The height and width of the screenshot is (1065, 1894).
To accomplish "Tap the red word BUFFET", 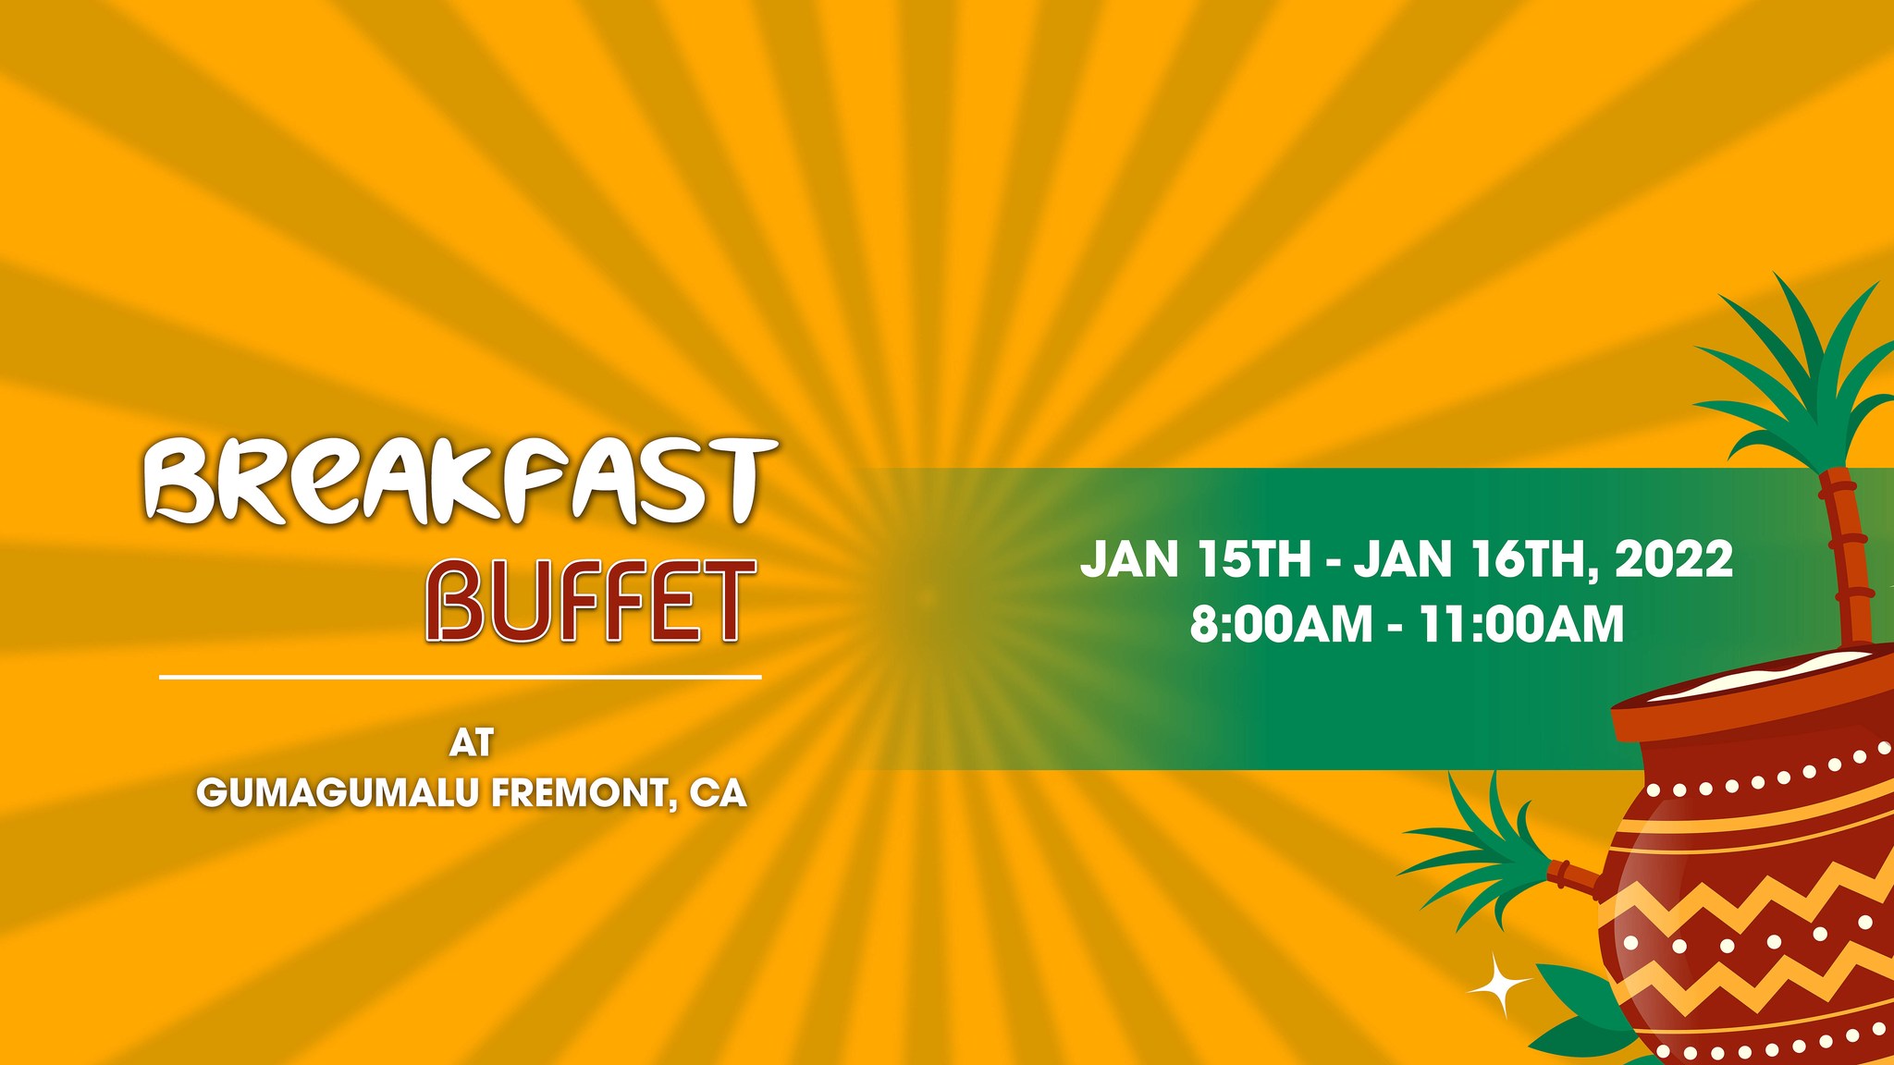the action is (x=590, y=601).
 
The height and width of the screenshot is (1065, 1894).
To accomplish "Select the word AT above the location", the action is (x=472, y=742).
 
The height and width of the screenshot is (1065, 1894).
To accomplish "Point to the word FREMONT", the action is (x=583, y=793).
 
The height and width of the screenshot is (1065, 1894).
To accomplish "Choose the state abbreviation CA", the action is (x=718, y=793).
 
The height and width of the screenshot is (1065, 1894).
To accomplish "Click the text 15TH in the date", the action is (x=1253, y=559).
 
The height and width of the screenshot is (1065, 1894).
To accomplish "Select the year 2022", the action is (x=1674, y=559).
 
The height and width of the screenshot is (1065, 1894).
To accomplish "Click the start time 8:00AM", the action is (x=1281, y=624).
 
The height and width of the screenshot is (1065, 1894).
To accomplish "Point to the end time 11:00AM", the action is (x=1520, y=624).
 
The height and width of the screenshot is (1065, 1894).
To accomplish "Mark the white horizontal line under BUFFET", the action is (x=461, y=677).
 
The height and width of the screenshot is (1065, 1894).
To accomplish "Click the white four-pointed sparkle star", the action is (x=1499, y=985).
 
